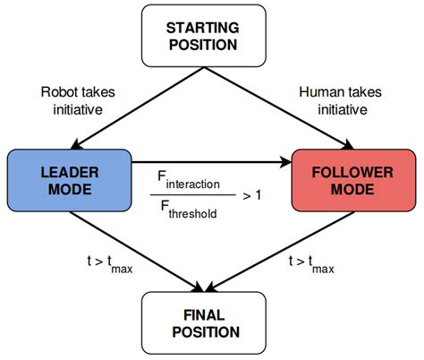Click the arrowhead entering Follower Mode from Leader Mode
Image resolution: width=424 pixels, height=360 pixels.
click(286, 162)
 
